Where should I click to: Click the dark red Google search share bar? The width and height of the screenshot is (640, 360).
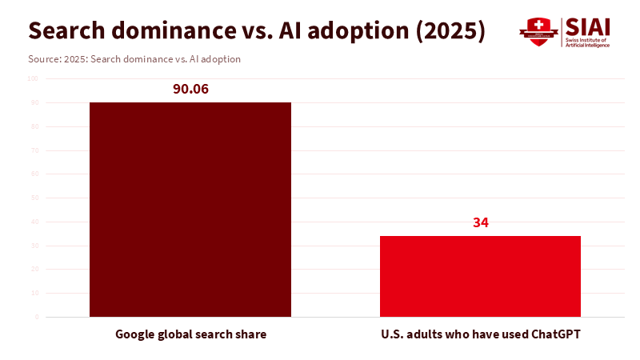[190, 210]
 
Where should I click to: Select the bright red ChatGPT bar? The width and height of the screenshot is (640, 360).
[480, 276]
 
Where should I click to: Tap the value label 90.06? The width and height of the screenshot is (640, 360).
[190, 89]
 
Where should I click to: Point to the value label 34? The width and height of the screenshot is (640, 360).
[480, 222]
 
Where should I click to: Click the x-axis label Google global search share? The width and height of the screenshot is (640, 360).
[190, 334]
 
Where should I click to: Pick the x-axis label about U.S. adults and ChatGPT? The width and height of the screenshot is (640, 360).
[480, 334]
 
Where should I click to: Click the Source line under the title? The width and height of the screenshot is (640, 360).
[134, 59]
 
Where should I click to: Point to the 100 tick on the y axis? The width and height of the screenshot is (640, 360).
[33, 78]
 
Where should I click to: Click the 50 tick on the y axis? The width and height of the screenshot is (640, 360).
[34, 198]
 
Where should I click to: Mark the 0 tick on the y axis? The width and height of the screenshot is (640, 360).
[36, 317]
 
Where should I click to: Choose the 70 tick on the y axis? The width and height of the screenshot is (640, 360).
[34, 150]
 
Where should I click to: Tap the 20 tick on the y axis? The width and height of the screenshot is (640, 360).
[34, 270]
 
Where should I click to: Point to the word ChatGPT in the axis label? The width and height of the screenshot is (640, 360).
[556, 334]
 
